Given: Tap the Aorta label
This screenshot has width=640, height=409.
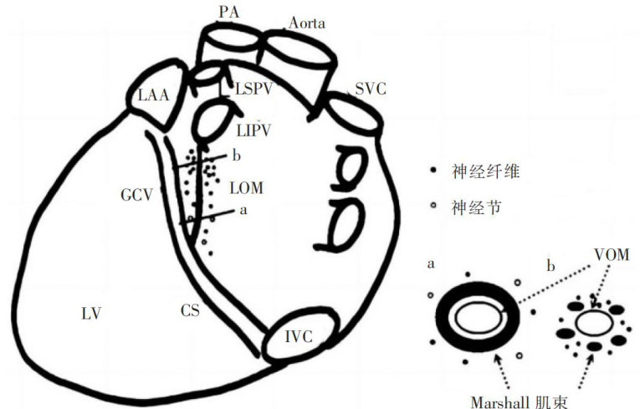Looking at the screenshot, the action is coord(305,23).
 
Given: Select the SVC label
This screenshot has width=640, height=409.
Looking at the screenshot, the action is coord(369,89).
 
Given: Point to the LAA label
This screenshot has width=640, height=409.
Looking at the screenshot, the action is coord(154,95).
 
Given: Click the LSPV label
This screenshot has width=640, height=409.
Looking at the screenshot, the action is coord(253,88).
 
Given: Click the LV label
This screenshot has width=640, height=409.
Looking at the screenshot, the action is coord(92,314).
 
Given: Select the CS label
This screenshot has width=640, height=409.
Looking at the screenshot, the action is coord(190,310).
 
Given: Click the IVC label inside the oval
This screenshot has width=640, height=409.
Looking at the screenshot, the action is coord(298,338).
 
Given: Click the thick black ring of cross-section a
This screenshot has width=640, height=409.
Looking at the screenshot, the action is coord(443,319).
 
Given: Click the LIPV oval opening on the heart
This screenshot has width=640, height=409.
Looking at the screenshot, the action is coord(207,122).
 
